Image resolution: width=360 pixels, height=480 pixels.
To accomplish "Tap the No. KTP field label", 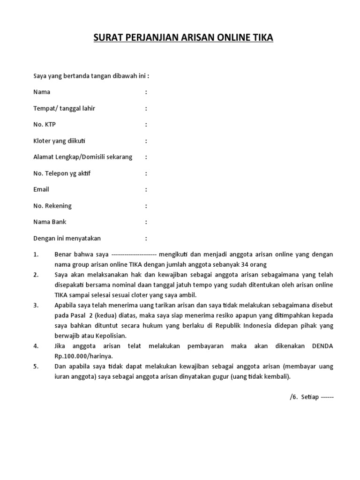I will [45, 125].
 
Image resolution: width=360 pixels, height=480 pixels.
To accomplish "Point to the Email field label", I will [41, 189].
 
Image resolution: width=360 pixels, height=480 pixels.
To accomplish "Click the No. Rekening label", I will [52, 206].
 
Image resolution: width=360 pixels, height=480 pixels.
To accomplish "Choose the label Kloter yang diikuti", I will [60, 141].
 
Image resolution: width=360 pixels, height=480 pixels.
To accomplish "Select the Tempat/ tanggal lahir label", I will [64, 108].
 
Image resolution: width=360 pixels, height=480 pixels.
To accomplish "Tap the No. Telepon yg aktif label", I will [62, 173].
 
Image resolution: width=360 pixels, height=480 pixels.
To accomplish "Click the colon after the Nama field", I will [146, 92].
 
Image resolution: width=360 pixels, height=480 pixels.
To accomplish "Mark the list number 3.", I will [36, 305].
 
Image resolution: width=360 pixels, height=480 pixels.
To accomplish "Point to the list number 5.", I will [36, 367].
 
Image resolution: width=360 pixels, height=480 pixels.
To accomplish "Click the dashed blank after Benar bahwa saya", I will [134, 255].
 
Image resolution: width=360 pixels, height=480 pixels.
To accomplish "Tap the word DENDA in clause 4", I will [322, 346].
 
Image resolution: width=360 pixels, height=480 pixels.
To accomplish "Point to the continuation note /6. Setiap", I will [312, 397].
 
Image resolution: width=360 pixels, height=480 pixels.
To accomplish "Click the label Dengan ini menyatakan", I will [67, 238].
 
